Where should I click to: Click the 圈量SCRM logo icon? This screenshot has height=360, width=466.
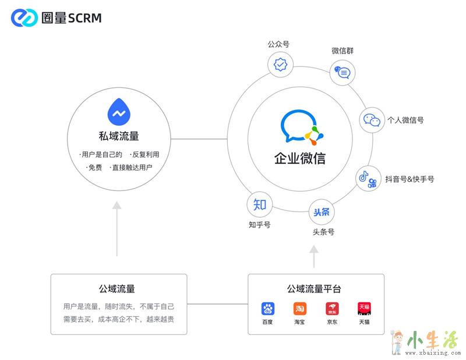[x=24, y=18]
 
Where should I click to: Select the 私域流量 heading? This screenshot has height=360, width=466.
[x=119, y=136]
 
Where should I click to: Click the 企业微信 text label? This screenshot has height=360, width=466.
[x=300, y=158]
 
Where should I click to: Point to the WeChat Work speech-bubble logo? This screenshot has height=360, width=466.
[x=301, y=127]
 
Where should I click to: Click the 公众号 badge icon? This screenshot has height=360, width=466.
[x=280, y=63]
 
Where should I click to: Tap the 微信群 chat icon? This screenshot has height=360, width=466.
[x=343, y=73]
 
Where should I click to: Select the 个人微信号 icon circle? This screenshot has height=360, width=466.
[x=372, y=120]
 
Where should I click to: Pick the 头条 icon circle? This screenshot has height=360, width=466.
[x=322, y=212]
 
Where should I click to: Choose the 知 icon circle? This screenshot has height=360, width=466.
[x=260, y=204]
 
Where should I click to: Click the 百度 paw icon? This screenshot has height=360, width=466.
[x=268, y=309]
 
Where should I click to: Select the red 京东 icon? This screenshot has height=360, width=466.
[x=332, y=309]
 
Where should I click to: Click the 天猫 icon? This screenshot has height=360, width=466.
[x=364, y=309]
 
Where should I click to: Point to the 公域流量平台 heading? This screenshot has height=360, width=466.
[x=314, y=288]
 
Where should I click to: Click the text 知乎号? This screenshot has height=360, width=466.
[x=259, y=224]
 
